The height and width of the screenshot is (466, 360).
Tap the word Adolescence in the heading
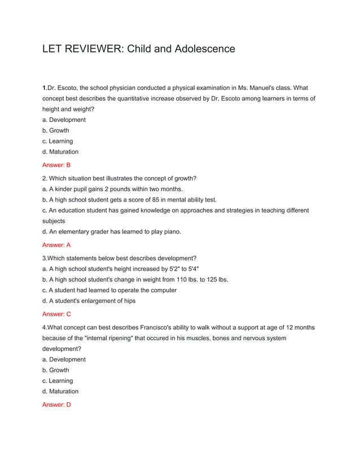[204, 49]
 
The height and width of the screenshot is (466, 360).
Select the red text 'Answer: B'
[56, 165]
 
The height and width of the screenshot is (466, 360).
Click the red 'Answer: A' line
[56, 245]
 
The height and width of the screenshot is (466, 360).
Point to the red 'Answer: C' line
[56, 314]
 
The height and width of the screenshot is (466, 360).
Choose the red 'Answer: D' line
[56, 405]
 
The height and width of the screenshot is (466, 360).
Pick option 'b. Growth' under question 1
[56, 130]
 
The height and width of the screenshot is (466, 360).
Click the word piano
[171, 232]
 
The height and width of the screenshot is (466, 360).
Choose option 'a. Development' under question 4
[64, 359]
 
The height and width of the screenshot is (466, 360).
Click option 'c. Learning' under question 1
[58, 141]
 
